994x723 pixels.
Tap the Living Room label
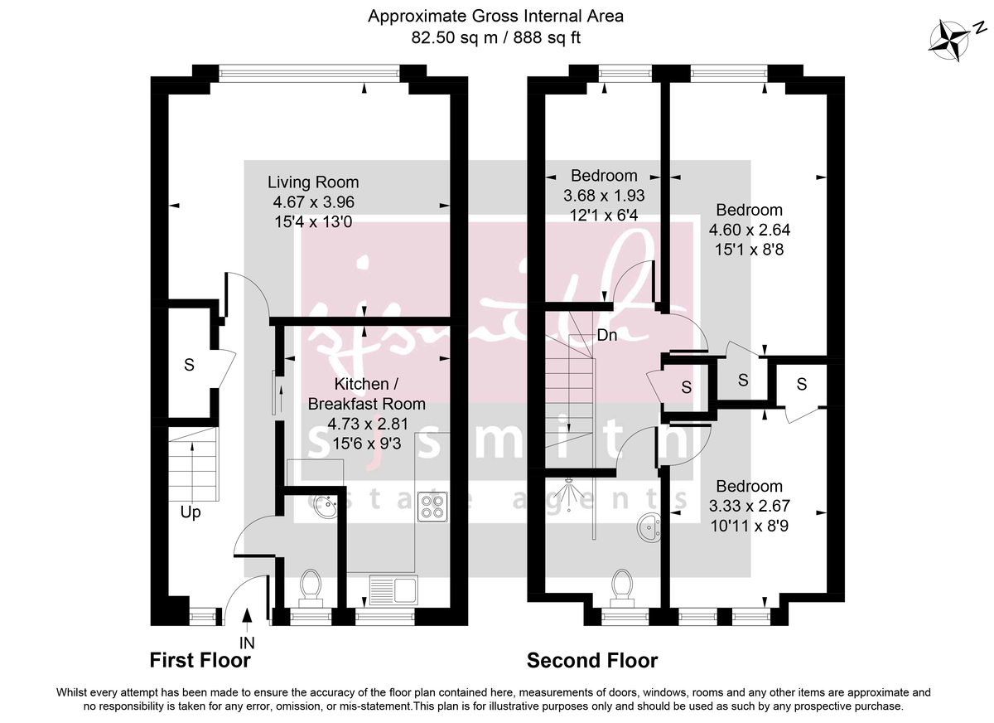313,182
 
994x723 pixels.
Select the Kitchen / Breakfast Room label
366,394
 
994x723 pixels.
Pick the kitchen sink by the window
394,590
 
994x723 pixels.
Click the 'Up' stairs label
191,512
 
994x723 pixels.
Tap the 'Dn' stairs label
607,336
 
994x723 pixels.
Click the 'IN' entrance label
247,641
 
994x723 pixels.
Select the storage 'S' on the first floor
189,365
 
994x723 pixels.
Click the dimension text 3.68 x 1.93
604,196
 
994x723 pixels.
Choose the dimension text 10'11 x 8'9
749,524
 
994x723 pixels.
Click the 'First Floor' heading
200,660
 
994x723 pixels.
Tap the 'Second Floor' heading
592,660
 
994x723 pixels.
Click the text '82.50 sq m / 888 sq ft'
496,36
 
